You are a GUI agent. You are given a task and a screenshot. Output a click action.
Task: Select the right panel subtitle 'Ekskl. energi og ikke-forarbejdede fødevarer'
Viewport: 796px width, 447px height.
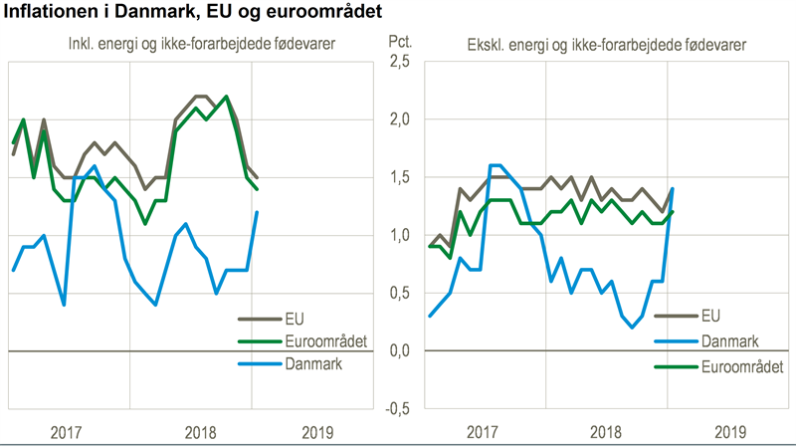[x=607, y=45]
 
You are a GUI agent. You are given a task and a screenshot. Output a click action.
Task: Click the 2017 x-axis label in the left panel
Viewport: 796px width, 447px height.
[x=66, y=432]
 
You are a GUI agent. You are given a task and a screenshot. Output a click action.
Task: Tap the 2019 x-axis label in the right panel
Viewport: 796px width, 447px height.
[x=730, y=432]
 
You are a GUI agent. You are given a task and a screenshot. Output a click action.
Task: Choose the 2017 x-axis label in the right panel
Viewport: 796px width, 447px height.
[x=482, y=432]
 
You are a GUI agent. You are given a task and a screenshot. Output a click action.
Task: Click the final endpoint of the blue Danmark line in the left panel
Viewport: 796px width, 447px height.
[x=258, y=212]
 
